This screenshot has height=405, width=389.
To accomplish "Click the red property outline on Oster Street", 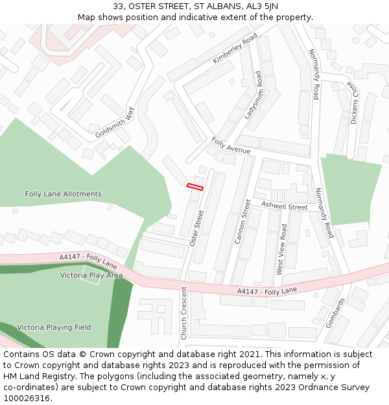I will click(x=195, y=187).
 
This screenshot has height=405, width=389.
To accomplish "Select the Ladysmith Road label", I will click(x=252, y=95).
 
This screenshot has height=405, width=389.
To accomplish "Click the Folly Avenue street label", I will click(x=231, y=146).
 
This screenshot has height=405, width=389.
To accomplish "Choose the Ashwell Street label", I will click(x=284, y=207).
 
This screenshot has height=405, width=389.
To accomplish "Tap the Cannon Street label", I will click(x=242, y=221).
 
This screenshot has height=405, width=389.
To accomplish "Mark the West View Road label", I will click(x=281, y=249).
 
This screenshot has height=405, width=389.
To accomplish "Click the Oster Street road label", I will click(x=196, y=227).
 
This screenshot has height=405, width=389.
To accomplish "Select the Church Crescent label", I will click(x=183, y=312).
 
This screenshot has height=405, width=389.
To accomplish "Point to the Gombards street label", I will click(x=336, y=312).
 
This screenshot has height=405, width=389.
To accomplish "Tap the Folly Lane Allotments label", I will click(x=64, y=194).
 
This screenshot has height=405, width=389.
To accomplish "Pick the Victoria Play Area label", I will click(x=91, y=275).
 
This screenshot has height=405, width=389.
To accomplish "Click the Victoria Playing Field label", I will click(x=54, y=327).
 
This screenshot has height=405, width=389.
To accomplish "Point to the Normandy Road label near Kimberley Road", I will click(x=314, y=74).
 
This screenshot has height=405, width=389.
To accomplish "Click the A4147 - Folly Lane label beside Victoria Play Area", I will click(x=88, y=261).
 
